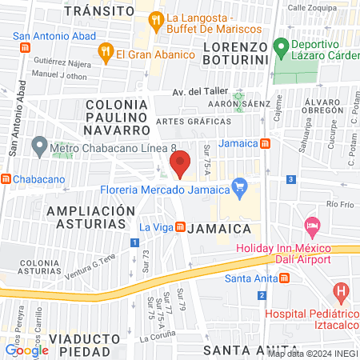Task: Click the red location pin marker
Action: (181, 163)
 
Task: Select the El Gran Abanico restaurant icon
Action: (105, 54)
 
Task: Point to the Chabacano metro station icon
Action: (6, 178)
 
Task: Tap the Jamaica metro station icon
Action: (265, 143)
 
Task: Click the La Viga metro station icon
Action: (181, 226)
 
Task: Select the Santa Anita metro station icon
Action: (284, 278)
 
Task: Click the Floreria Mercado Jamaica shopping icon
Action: (238, 189)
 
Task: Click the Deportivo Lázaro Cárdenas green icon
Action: (281, 46)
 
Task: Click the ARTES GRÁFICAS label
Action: (194, 121)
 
